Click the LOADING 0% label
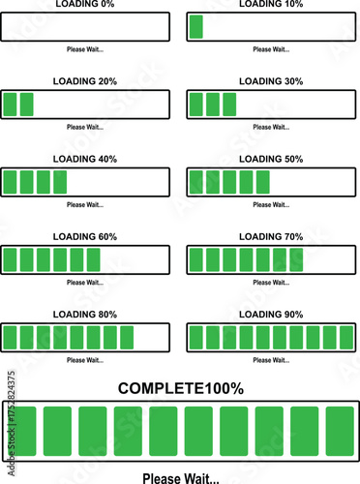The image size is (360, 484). point(85,5)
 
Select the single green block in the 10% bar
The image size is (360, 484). point(196,26)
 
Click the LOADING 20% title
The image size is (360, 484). point(85,81)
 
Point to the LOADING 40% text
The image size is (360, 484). point(85,159)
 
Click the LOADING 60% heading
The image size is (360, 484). point(85,237)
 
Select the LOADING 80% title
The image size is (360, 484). point(85,315)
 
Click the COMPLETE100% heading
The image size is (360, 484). point(180,388)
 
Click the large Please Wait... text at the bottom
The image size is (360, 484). point(180,477)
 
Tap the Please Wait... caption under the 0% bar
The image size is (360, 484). point(85,49)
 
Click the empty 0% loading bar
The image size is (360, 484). point(85,26)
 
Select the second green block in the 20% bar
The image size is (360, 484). point(27,104)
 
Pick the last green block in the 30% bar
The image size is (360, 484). point(228,104)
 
